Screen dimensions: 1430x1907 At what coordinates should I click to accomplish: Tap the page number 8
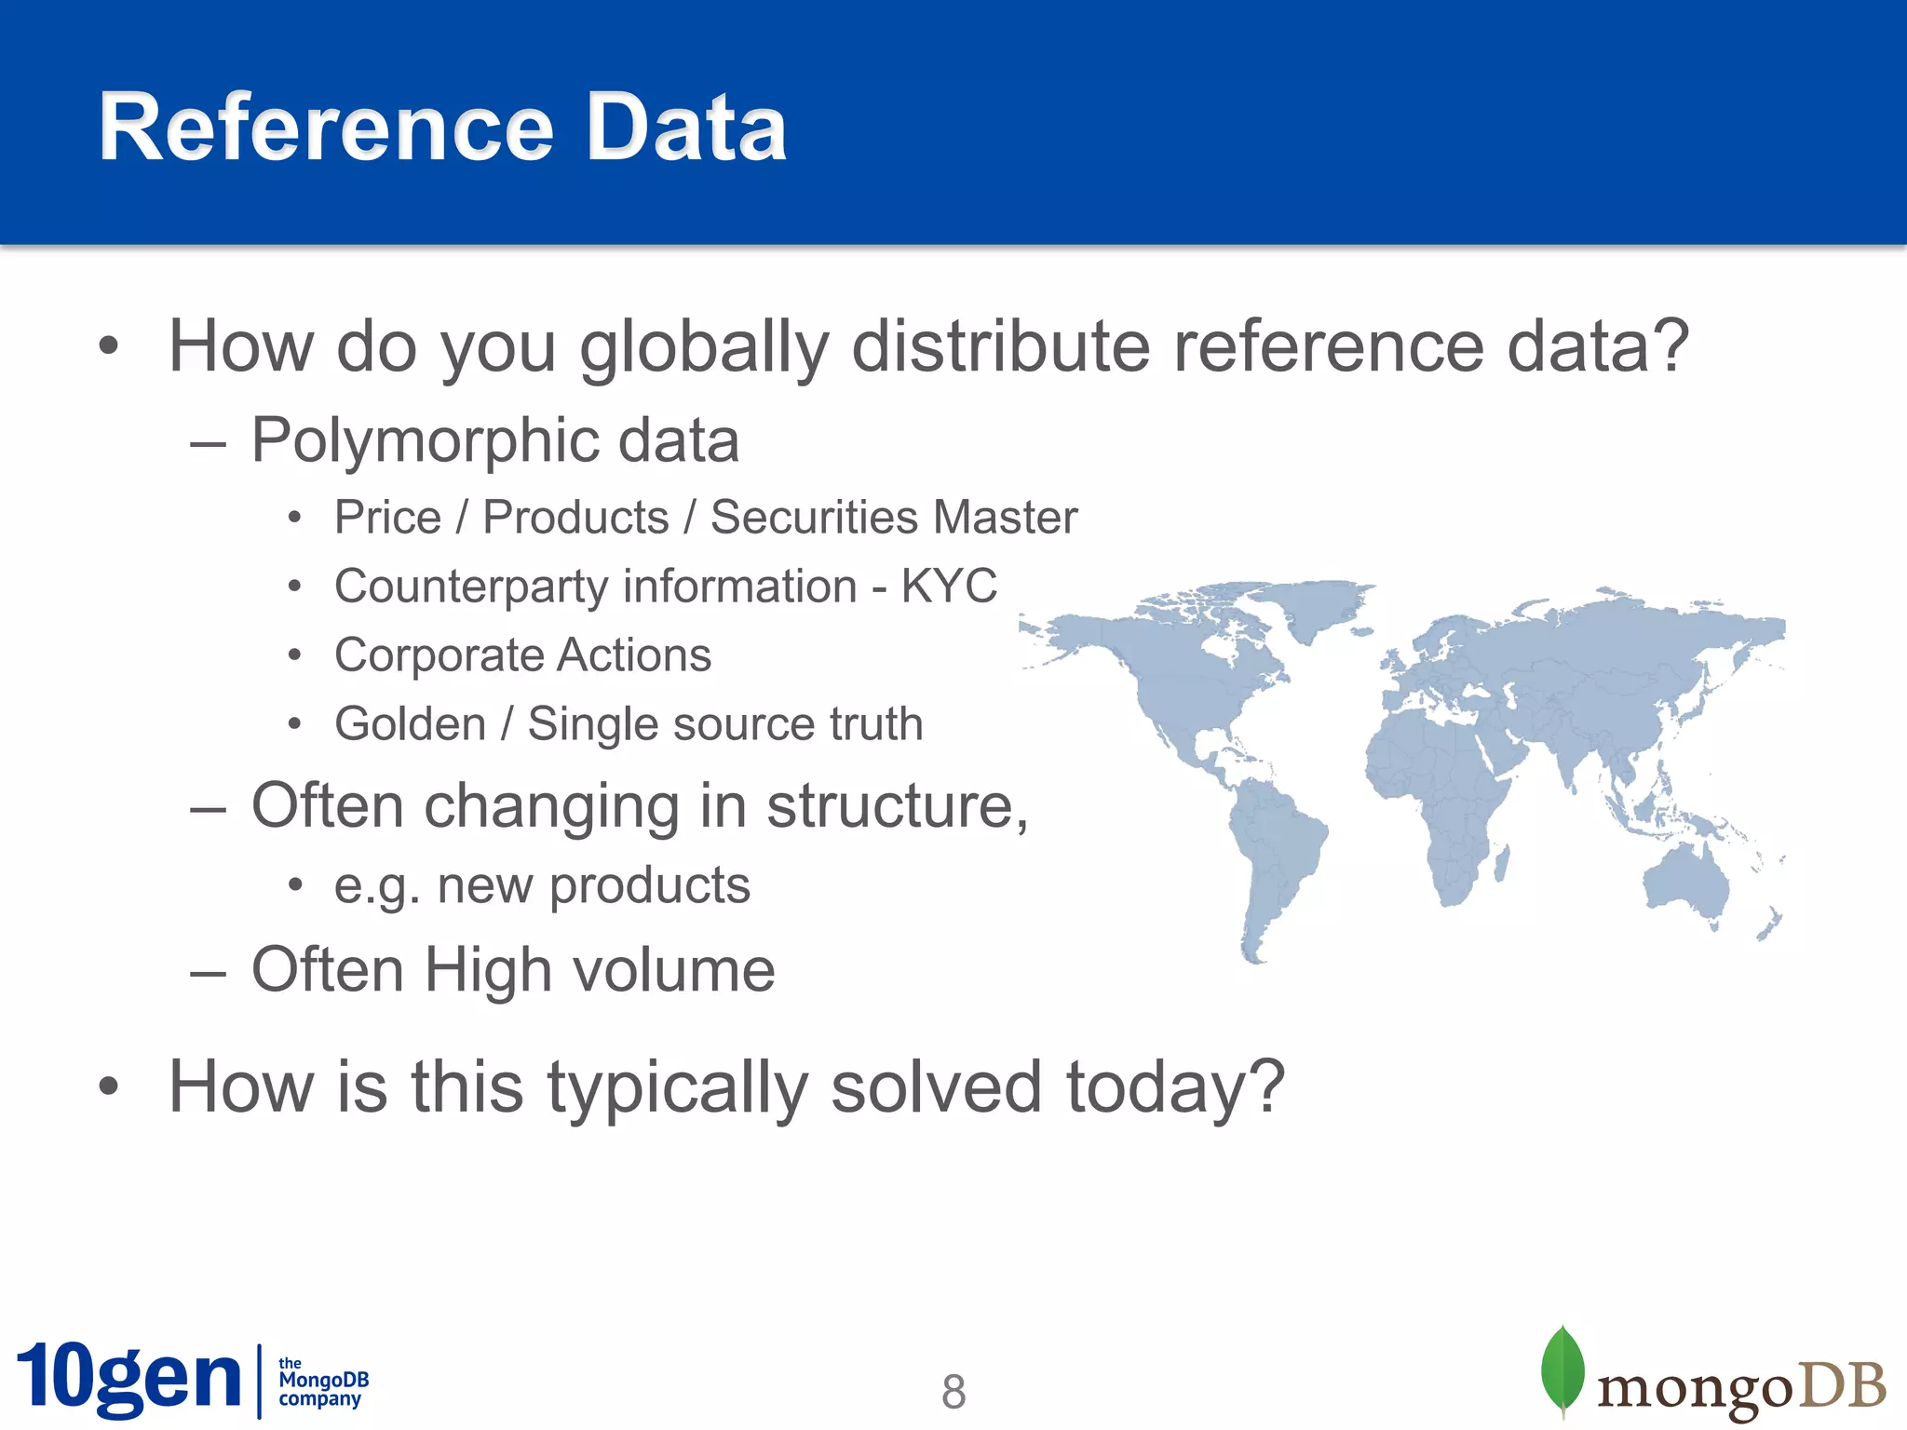[953, 1392]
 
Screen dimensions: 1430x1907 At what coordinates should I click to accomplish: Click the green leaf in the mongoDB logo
[1562, 1369]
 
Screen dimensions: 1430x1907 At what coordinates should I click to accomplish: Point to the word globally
[703, 346]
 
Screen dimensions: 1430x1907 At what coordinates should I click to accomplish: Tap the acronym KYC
[948, 587]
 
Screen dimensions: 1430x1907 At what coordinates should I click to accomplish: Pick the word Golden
[410, 724]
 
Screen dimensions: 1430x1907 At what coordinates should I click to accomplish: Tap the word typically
[677, 1087]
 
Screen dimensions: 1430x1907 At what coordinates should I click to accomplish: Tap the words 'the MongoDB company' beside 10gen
[323, 1381]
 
